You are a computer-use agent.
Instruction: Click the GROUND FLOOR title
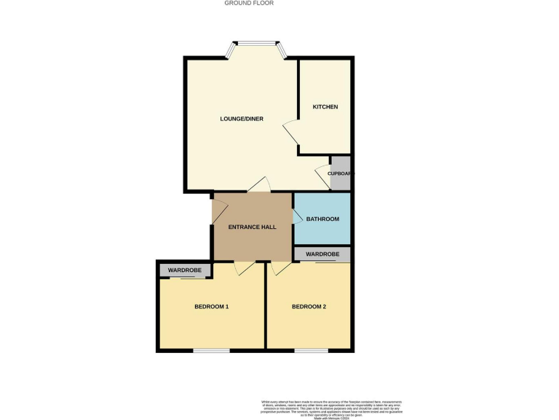(248, 3)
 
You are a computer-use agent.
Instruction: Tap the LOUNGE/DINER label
(242, 119)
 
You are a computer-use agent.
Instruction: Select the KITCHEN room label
(325, 107)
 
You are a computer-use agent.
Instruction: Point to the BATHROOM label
(322, 219)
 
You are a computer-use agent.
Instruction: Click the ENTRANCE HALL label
(252, 227)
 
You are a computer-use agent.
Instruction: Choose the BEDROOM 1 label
(211, 307)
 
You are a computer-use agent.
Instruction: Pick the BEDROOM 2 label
(309, 307)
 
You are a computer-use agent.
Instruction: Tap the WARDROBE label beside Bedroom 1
(185, 271)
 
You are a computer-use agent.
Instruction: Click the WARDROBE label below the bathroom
(322, 254)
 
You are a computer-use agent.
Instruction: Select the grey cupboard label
(341, 174)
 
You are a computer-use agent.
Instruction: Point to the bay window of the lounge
(256, 49)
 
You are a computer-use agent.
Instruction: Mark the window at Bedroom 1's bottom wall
(211, 351)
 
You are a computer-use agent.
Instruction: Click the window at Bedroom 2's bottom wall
(311, 351)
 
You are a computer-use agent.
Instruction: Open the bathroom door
(298, 217)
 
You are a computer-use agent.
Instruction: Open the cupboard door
(322, 176)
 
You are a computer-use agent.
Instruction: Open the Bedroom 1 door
(245, 268)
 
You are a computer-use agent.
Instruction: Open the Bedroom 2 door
(279, 268)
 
